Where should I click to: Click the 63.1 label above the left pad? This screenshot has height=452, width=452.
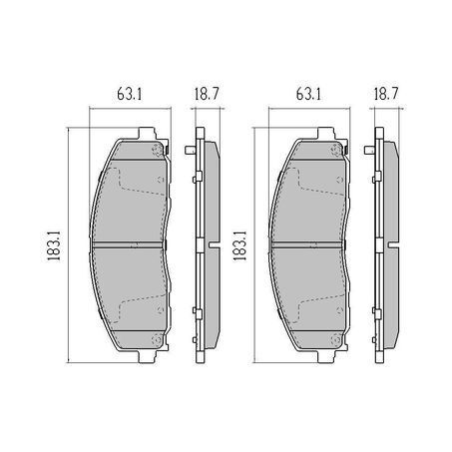[130, 94]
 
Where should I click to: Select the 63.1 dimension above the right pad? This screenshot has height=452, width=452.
[308, 94]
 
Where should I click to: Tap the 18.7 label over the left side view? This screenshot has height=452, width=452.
[207, 94]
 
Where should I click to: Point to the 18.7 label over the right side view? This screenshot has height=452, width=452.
[386, 94]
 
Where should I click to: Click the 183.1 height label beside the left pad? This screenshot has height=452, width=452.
[54, 246]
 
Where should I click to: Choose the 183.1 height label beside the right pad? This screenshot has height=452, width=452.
[239, 246]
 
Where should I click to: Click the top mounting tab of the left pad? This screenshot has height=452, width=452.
[147, 133]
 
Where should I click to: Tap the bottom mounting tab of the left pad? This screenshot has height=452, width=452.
[147, 356]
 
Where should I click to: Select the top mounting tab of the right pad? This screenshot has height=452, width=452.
[326, 133]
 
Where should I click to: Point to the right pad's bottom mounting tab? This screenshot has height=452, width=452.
[326, 356]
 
